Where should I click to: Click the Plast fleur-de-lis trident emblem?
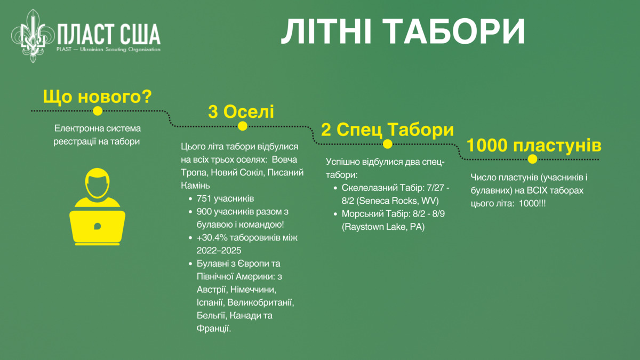(33, 36)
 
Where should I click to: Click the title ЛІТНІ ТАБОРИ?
(403, 31)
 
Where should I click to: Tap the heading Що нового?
(98, 97)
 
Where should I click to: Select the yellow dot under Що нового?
(98, 111)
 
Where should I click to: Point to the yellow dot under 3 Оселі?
(243, 126)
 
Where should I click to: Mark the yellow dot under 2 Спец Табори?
(387, 144)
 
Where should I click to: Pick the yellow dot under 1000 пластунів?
(532, 159)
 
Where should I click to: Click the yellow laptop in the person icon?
(98, 228)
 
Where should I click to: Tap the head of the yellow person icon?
(98, 183)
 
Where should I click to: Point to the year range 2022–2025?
(219, 251)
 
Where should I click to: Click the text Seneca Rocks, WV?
(397, 201)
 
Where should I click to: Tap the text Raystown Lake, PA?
(383, 227)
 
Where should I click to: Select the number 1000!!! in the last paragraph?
(532, 203)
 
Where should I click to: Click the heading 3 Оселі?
(241, 111)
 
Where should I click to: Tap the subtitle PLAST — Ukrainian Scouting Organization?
(108, 50)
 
